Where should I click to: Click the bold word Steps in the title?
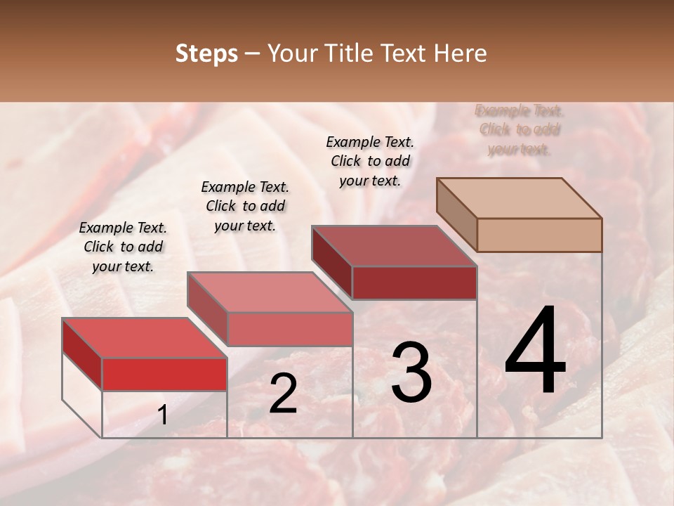pos(206,53)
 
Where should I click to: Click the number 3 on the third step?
pos(411,372)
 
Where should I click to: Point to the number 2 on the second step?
pos(283,394)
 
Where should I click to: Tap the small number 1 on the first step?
pos(163,416)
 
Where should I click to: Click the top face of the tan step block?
pos(520,197)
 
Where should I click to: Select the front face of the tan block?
pos(539,235)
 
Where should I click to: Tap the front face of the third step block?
pos(414,283)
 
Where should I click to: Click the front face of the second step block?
pos(289,329)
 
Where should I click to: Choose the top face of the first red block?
pos(145,338)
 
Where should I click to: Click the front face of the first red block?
pos(164,374)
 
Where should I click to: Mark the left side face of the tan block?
pos(457,214)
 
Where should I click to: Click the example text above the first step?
pos(123,247)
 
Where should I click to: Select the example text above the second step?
pos(245,206)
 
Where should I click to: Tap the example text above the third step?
pos(370,161)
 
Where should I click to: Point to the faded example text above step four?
pos(520,130)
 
